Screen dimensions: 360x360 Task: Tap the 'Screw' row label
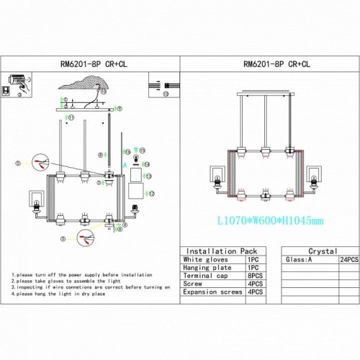(x=194, y=283)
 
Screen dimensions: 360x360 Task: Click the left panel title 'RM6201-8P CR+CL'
(x=89, y=63)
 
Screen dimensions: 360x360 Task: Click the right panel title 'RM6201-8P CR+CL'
(x=268, y=63)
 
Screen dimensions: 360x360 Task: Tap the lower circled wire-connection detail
(x=86, y=238)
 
